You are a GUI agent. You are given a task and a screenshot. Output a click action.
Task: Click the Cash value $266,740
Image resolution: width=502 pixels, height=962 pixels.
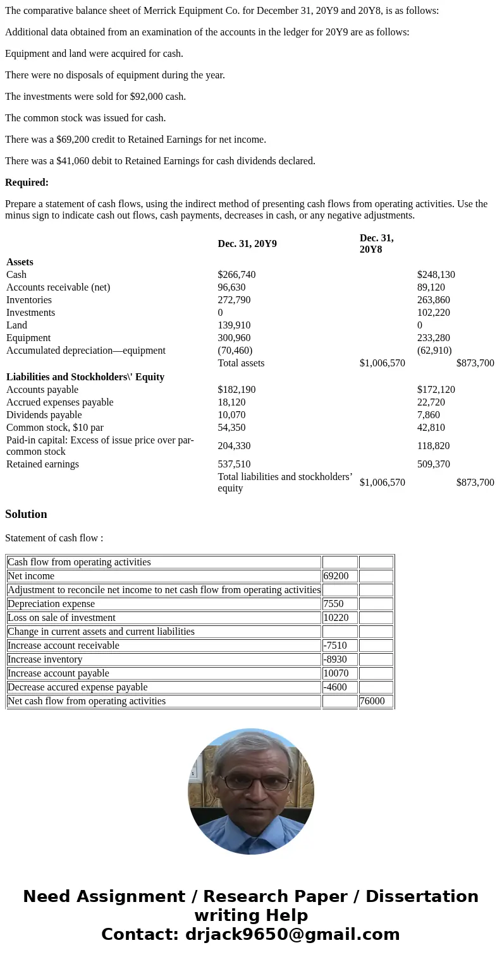point(236,275)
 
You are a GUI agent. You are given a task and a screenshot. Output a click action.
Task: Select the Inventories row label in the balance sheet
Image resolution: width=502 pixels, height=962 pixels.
point(29,300)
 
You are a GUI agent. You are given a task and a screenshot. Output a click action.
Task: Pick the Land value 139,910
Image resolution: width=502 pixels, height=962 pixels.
point(234,325)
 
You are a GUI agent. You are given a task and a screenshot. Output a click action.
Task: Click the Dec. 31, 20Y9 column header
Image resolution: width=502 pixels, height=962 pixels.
point(247,244)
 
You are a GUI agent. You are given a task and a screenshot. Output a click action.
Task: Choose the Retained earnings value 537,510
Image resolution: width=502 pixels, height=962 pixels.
point(234,464)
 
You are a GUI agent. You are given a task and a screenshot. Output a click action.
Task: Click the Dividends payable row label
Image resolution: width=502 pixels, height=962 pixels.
point(44,415)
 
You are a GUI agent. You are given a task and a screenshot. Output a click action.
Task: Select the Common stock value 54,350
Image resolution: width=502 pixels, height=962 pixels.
point(231,428)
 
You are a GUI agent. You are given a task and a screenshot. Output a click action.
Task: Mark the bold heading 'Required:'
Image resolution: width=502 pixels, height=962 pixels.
point(27,183)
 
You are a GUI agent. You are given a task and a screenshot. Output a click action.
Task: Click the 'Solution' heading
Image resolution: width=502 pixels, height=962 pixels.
point(26,514)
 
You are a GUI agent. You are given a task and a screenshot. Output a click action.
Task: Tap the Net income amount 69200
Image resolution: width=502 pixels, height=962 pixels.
point(336,576)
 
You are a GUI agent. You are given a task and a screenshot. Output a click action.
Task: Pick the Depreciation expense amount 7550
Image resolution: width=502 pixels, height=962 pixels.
point(333,604)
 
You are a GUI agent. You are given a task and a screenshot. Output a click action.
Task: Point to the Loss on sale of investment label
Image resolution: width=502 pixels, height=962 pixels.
point(61,618)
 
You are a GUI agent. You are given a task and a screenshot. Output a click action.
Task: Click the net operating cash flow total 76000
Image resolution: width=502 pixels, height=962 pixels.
point(372,701)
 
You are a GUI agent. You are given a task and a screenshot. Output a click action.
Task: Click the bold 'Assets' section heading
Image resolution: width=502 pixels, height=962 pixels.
point(20,262)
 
